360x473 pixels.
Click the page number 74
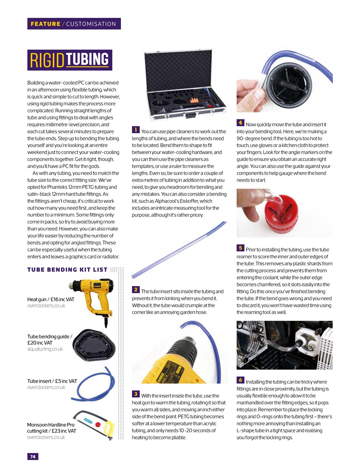[x=33, y=456]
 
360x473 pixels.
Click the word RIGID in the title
[x=47, y=60]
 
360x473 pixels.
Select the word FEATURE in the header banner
[x=45, y=24]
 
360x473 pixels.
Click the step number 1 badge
[x=136, y=130]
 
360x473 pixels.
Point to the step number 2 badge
[x=136, y=290]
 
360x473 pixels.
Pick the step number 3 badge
[x=136, y=394]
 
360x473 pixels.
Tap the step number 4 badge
[x=240, y=123]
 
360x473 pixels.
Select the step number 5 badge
[x=240, y=248]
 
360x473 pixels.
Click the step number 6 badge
[x=240, y=380]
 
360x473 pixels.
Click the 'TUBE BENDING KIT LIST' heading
[x=67, y=270]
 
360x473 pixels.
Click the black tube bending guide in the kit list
[x=94, y=345]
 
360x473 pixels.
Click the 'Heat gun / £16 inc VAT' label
[x=51, y=299]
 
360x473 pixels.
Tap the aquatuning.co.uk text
[x=45, y=349]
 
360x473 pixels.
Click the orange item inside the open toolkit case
[x=194, y=100]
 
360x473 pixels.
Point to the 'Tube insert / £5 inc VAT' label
[x=52, y=381]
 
